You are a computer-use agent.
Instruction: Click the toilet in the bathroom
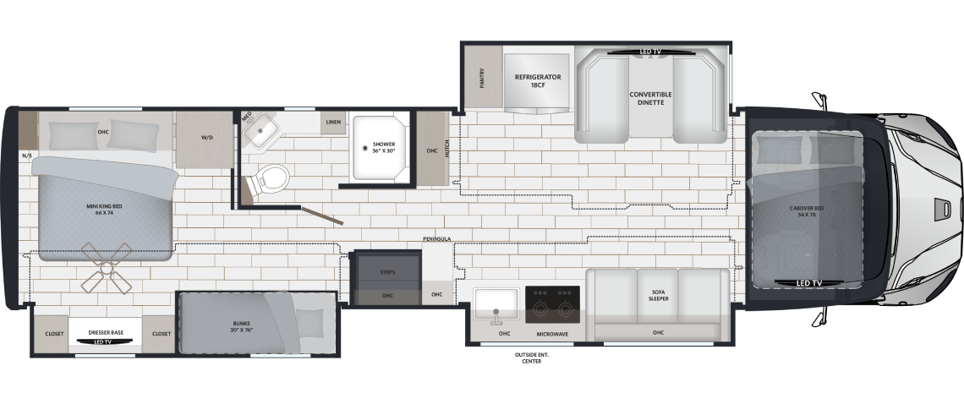269,179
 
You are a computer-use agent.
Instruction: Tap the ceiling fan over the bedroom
107,267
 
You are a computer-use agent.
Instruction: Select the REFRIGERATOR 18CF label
538,81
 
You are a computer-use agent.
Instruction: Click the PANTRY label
482,78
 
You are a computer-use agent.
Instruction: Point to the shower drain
365,148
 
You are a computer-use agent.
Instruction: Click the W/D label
206,138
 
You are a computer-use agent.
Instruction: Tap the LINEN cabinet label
333,123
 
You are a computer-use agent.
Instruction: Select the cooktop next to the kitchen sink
553,304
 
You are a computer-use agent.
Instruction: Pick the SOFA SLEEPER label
658,296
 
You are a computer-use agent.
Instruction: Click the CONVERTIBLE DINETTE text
650,98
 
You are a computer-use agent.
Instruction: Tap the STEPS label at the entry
387,272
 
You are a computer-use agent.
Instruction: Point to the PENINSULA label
436,238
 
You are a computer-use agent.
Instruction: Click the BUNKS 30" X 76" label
242,326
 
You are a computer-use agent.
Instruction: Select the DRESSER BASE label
106,333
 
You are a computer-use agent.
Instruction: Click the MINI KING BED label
105,210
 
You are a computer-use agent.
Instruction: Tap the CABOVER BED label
807,211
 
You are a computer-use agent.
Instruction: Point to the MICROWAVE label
553,334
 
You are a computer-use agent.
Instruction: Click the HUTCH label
447,148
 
